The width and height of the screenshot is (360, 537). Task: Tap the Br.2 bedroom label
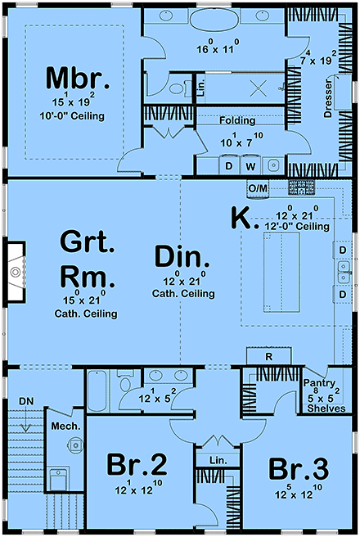tap(137, 465)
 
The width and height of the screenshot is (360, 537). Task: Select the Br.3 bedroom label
tap(299, 470)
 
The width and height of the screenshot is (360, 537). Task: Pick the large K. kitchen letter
tap(241, 218)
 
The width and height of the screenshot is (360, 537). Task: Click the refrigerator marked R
tap(269, 357)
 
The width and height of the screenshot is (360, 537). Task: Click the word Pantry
tap(317, 382)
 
